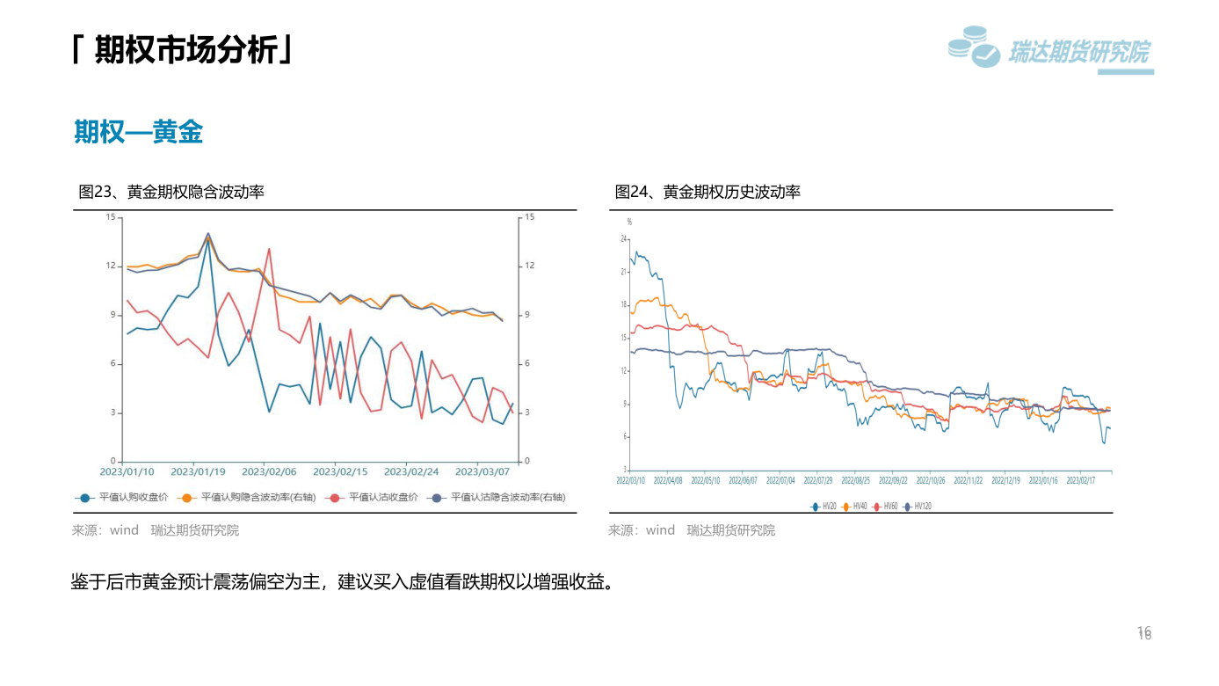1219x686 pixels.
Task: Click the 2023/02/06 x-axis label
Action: [x=269, y=471]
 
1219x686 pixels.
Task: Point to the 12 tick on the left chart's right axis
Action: [x=529, y=266]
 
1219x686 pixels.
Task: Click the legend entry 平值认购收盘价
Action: [x=120, y=498]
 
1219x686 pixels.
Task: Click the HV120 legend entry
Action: [x=918, y=507]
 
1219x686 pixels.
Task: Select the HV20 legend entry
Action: [x=824, y=507]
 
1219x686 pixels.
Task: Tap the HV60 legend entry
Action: [x=885, y=507]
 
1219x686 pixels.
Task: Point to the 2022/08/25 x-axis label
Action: [x=855, y=481]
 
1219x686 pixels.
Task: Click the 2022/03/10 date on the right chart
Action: [x=630, y=481]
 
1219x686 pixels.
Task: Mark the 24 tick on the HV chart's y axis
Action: [x=623, y=238]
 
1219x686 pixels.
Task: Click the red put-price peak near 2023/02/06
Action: [x=268, y=249]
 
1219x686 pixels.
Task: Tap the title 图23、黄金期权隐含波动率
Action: [x=171, y=192]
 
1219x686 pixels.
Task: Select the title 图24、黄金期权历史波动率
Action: [x=707, y=192]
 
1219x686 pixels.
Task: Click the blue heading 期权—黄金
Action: [x=139, y=132]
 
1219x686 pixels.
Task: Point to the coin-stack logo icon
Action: [x=973, y=47]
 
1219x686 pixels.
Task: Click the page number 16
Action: [x=1144, y=632]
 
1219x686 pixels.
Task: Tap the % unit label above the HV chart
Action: [x=628, y=222]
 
